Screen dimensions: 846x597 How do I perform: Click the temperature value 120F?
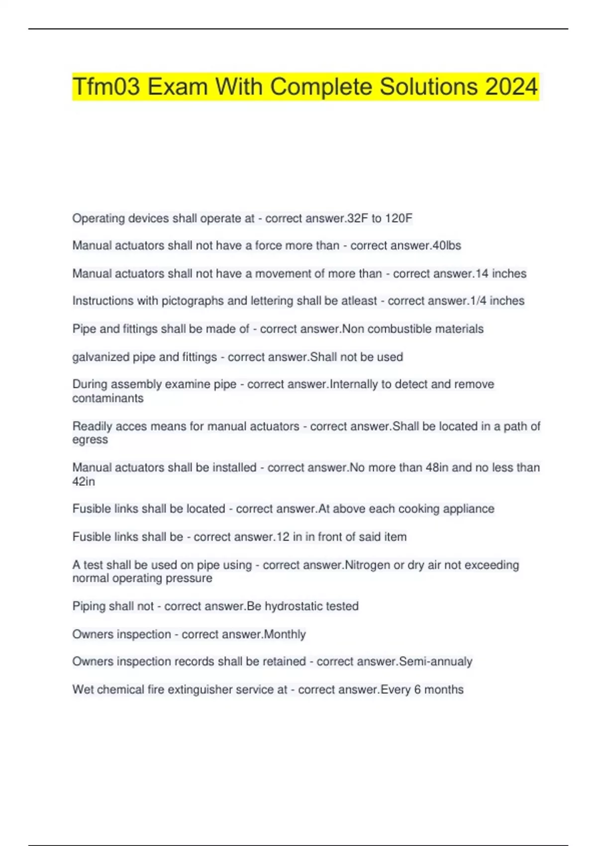(x=398, y=218)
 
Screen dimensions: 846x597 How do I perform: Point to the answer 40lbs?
(x=447, y=246)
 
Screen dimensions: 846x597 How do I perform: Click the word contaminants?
(x=107, y=398)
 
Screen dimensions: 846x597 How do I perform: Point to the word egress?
(x=90, y=440)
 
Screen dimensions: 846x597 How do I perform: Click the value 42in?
(x=84, y=481)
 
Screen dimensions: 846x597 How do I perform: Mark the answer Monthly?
(x=285, y=634)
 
